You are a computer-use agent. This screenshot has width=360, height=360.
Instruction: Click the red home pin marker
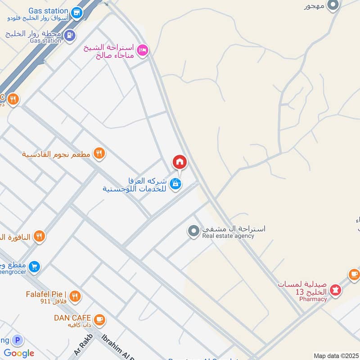(x=179, y=162)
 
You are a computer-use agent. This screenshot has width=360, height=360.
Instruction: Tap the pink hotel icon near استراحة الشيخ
(x=142, y=50)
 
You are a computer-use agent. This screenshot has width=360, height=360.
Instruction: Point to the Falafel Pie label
(x=46, y=294)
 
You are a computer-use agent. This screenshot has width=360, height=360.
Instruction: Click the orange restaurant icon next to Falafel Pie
(x=75, y=296)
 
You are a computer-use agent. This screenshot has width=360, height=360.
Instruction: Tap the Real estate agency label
(x=228, y=236)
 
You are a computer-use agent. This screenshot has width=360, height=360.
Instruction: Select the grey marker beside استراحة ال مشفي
(x=193, y=231)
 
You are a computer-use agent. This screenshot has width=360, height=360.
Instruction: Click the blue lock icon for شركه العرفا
(x=176, y=183)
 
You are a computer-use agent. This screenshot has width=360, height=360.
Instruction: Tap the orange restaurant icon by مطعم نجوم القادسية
(x=99, y=154)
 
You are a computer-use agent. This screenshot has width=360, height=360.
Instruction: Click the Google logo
(x=19, y=353)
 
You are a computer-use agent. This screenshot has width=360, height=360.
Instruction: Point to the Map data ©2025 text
(x=336, y=355)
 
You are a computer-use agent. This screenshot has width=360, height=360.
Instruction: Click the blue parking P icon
(x=18, y=341)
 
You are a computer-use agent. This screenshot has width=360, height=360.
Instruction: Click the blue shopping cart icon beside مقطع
(x=34, y=267)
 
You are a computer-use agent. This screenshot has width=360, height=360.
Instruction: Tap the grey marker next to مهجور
(x=333, y=5)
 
